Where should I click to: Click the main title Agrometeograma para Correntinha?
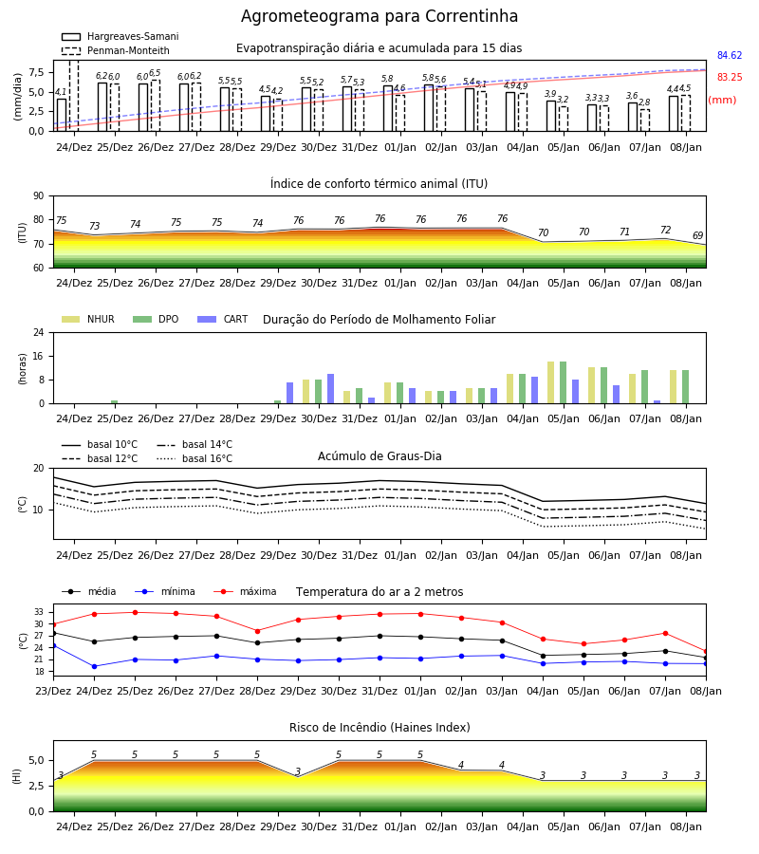coord(379,16)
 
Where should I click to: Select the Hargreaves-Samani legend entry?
coord(120,36)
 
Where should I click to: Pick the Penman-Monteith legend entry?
coord(116,50)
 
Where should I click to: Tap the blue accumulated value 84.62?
coord(730,56)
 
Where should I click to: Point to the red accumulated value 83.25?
coord(730,78)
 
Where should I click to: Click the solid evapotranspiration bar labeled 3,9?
coord(551,116)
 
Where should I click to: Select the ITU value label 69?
coord(698,236)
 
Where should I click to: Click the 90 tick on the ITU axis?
coord(39,196)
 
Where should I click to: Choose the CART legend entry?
coord(223,319)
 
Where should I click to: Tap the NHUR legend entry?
coord(88,319)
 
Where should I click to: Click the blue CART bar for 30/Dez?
coord(330,389)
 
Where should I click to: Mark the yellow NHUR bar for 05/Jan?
coord(551,383)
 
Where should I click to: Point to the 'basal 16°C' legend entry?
coord(194,458)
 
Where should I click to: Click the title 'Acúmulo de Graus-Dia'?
coord(379,456)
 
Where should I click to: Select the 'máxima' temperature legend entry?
coord(245,591)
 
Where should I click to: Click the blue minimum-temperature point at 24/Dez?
coord(94,667)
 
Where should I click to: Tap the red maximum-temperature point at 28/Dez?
coord(257,631)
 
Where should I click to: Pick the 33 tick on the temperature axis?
coord(39,613)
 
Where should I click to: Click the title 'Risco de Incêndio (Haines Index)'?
coord(379,728)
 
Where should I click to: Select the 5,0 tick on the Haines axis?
coord(37,761)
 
